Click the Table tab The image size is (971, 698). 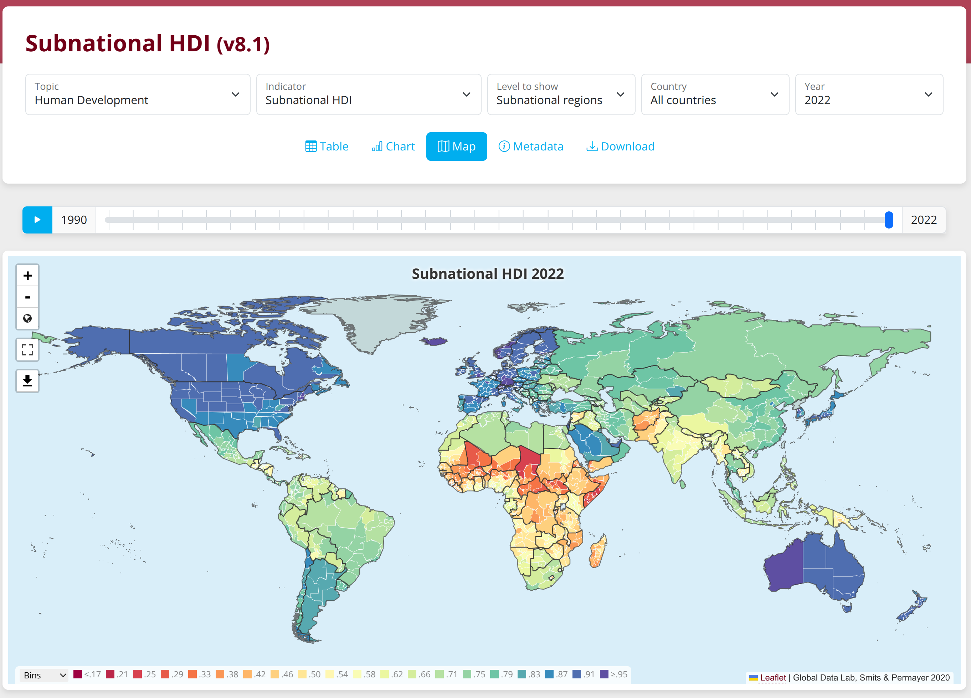327,147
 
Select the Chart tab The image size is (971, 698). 393,147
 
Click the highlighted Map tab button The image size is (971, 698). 456,147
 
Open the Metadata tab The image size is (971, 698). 531,147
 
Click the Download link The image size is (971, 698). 620,147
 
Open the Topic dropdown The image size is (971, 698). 138,94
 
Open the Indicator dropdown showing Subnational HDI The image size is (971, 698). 368,94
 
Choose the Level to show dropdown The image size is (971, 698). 561,94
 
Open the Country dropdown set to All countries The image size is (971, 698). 715,94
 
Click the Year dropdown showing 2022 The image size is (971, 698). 869,94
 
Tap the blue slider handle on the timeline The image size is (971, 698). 889,220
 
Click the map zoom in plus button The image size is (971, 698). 27,275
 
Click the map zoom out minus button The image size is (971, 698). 27,297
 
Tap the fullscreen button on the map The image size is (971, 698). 27,350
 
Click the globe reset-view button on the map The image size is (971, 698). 27,318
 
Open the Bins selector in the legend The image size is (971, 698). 44,675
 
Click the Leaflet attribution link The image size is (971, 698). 772,677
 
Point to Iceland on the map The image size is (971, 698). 435,341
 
